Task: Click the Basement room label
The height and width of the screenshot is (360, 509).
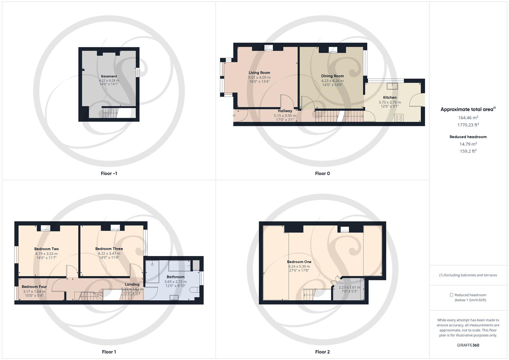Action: click(x=109, y=76)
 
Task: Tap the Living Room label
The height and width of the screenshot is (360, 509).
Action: click(x=259, y=73)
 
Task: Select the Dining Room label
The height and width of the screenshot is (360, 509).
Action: click(x=332, y=76)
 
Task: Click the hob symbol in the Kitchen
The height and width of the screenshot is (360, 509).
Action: click(x=399, y=118)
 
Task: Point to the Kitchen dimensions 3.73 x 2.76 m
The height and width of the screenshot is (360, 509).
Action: click(x=390, y=102)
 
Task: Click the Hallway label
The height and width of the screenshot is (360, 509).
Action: click(x=285, y=111)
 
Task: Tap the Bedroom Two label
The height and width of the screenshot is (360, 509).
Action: click(x=46, y=249)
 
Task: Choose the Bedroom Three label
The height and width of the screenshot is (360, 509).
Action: click(x=109, y=249)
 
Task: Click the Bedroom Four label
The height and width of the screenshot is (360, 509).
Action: click(x=34, y=287)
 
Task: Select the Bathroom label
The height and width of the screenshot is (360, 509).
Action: click(x=175, y=277)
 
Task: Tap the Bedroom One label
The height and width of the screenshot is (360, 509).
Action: click(x=299, y=262)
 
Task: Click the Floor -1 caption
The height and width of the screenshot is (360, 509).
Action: click(x=109, y=173)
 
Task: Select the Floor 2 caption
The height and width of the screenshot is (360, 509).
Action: click(x=322, y=352)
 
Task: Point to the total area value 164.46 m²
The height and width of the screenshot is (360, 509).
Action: click(x=468, y=118)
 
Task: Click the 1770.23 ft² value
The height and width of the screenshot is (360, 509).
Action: click(x=468, y=125)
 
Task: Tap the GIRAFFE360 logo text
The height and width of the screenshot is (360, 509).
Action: click(x=468, y=345)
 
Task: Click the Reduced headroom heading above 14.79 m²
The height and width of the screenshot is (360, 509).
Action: click(x=468, y=137)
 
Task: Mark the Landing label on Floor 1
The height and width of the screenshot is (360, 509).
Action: click(x=132, y=284)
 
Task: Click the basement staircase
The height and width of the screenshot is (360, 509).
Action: click(x=110, y=113)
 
